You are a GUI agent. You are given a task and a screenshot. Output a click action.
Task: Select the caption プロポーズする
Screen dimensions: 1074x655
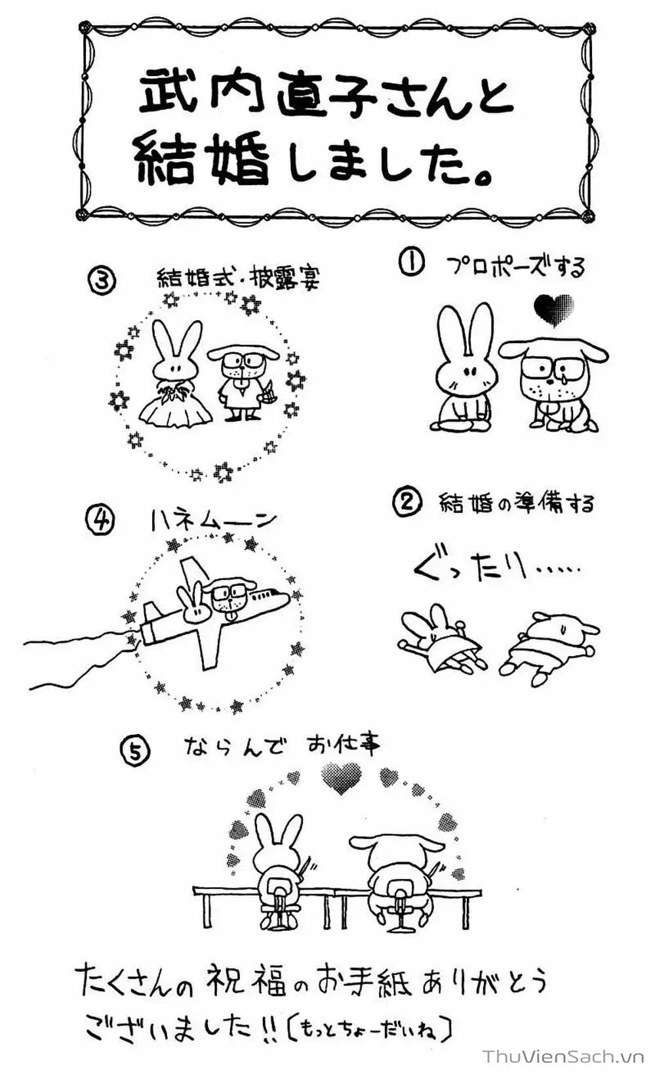(515, 266)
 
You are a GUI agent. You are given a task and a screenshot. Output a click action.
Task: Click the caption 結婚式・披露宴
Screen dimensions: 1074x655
(238, 279)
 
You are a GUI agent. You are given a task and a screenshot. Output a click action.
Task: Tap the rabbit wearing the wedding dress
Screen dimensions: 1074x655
(174, 381)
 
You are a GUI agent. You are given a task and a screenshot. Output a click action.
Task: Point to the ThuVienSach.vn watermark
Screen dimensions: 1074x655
(565, 1056)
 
